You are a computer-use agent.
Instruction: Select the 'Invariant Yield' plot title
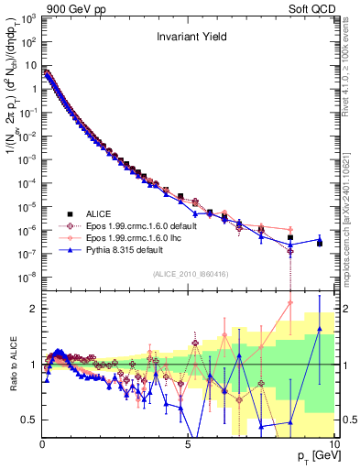pos(188,38)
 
